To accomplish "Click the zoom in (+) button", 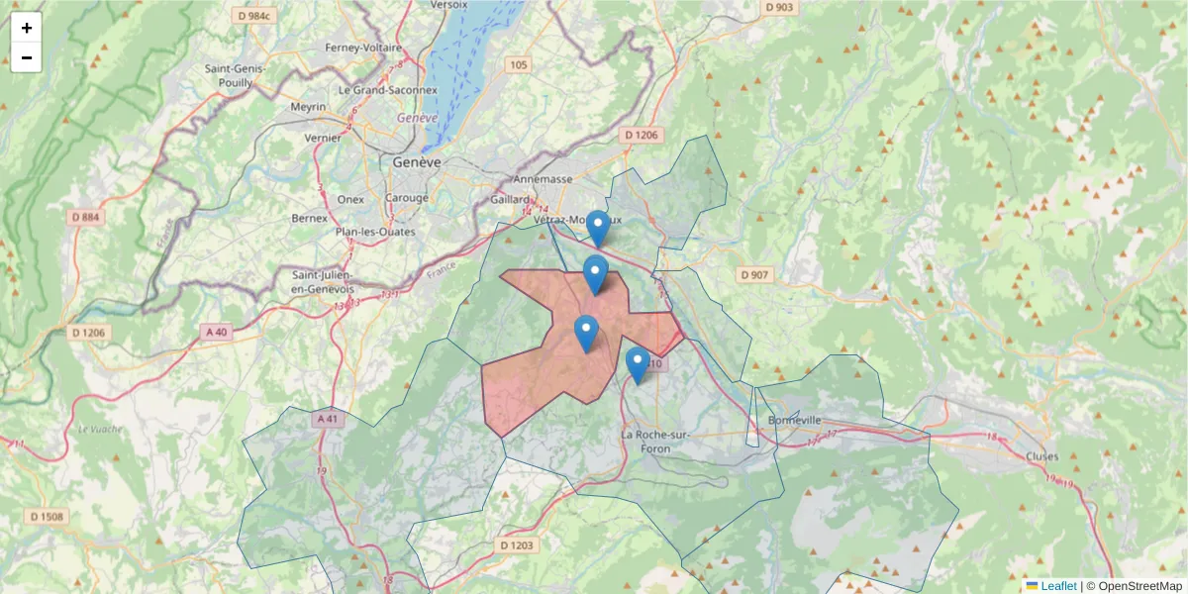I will pos(27,28).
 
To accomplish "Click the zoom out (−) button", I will pos(27,57).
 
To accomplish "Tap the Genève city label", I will pos(417,161).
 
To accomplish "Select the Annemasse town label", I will pos(544,179).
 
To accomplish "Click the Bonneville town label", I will pos(795,420).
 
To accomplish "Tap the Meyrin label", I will pos(309,106).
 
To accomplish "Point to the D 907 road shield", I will pos(755,274).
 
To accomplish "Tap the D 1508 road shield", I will pos(47,516).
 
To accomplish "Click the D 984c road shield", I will pos(254,16).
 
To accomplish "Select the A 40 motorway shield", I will pos(217,332).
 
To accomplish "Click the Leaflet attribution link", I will pos(1056,586).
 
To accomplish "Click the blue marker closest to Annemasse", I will pos(597,228).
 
